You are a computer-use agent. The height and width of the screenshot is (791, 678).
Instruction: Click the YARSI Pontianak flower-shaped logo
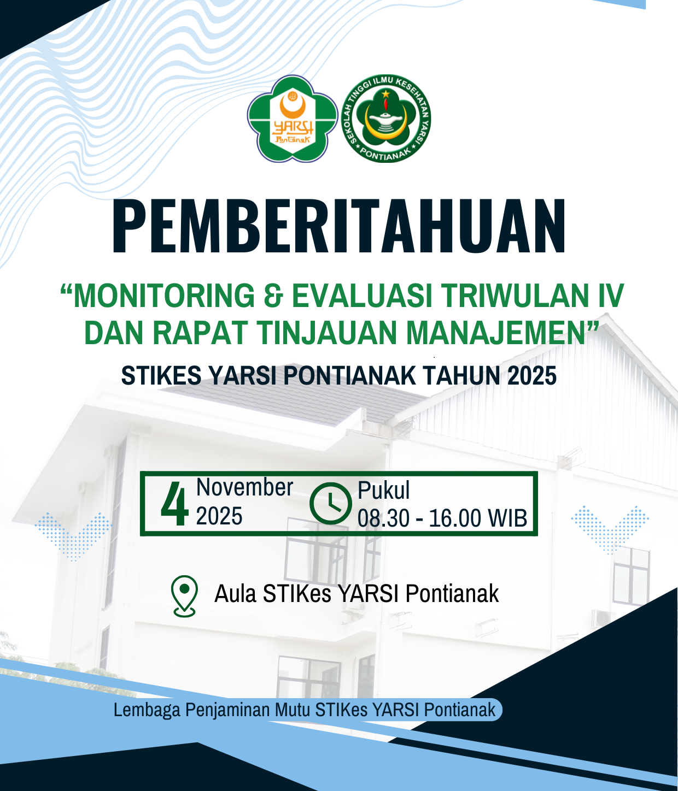[x=293, y=119]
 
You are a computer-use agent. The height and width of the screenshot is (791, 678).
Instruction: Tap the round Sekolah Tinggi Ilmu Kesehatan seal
[x=386, y=118]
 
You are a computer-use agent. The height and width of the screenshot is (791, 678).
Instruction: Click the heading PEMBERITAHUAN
[x=338, y=227]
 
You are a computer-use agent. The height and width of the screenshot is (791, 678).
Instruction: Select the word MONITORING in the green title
[x=164, y=296]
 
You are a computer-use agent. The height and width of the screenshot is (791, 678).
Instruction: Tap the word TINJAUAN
[x=328, y=332]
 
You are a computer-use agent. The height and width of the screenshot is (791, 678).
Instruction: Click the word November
[x=244, y=487]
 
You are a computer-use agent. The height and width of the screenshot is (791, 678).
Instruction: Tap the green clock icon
[x=331, y=503]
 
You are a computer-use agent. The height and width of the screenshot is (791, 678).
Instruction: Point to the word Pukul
[x=383, y=490]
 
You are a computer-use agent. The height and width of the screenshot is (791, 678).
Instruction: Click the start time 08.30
[x=383, y=518]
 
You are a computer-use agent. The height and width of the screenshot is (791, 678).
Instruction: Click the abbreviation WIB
[x=507, y=518]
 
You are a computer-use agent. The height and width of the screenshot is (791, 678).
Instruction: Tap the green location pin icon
[x=185, y=596]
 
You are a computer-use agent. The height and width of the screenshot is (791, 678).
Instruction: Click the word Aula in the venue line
[x=235, y=594]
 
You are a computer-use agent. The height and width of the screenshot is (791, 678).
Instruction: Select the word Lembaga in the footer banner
[x=147, y=710]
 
